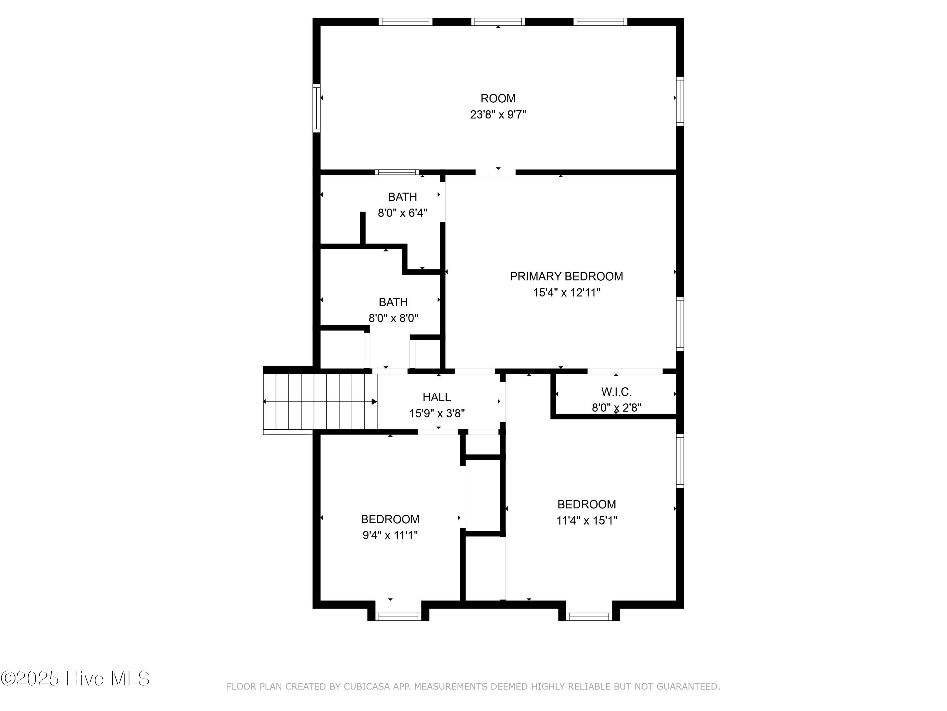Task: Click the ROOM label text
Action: coord(498,99)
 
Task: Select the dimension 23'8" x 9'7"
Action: coord(498,115)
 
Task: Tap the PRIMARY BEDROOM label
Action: coord(566,276)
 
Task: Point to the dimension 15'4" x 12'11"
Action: coord(566,293)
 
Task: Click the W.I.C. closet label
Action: coord(616,392)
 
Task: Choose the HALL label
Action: coord(437,397)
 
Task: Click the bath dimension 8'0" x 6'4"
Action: coord(402,213)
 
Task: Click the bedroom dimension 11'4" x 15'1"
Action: coord(587,520)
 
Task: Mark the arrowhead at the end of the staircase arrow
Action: coord(374,402)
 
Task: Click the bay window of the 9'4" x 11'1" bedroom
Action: coord(398,616)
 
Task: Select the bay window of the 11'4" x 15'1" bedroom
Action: coord(589,616)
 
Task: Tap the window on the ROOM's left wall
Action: coord(316,108)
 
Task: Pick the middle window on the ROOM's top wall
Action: coord(498,22)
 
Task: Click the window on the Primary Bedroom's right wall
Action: coord(680,324)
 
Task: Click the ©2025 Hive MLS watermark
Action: coord(75,678)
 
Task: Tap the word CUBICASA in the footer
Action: coord(367,687)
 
